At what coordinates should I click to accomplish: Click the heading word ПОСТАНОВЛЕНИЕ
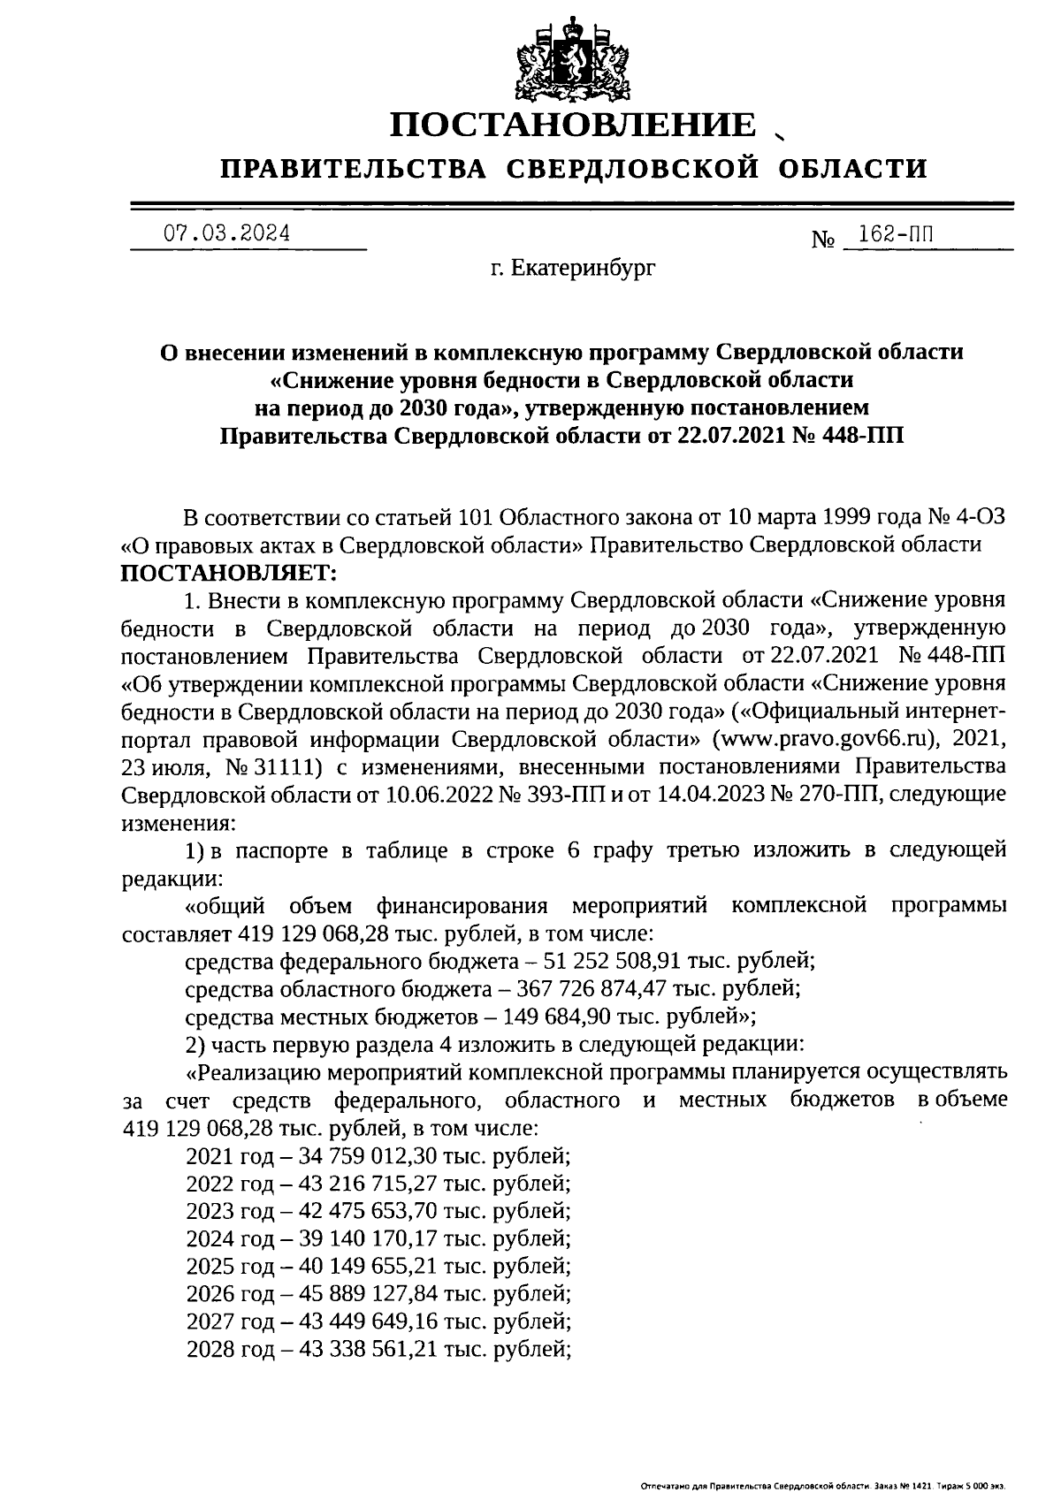pyautogui.click(x=574, y=126)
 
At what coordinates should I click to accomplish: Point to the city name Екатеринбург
pyautogui.click(x=584, y=266)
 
